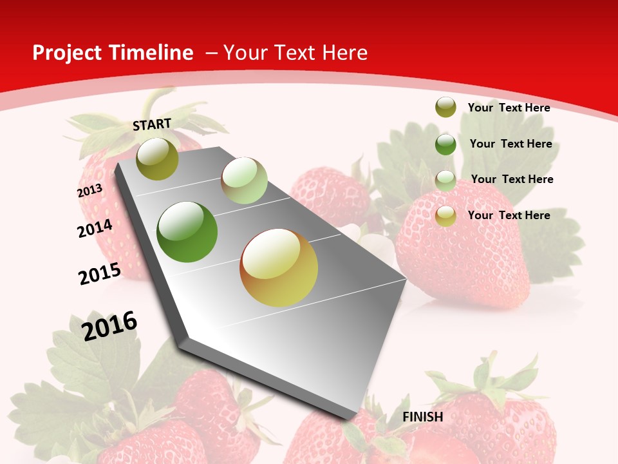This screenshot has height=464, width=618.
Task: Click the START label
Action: [152, 124]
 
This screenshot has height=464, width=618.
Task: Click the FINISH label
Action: [423, 417]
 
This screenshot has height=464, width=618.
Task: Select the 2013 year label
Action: [89, 191]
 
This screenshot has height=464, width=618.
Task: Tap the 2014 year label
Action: [95, 228]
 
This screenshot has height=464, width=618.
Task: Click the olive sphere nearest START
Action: [157, 159]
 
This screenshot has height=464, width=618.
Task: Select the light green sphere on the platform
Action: [244, 180]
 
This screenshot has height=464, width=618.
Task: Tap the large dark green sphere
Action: [187, 232]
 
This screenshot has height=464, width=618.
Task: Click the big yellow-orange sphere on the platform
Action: [279, 267]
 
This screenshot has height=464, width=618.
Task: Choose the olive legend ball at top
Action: [445, 107]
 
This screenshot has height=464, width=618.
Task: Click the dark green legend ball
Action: [445, 144]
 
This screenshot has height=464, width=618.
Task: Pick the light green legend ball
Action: [445, 180]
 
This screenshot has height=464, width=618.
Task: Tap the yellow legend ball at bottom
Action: [445, 216]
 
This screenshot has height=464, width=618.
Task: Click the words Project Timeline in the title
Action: [113, 53]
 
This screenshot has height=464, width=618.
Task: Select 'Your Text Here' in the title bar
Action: [295, 53]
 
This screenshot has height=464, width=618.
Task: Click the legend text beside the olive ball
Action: [509, 108]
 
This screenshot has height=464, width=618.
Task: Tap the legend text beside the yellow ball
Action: [509, 215]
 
